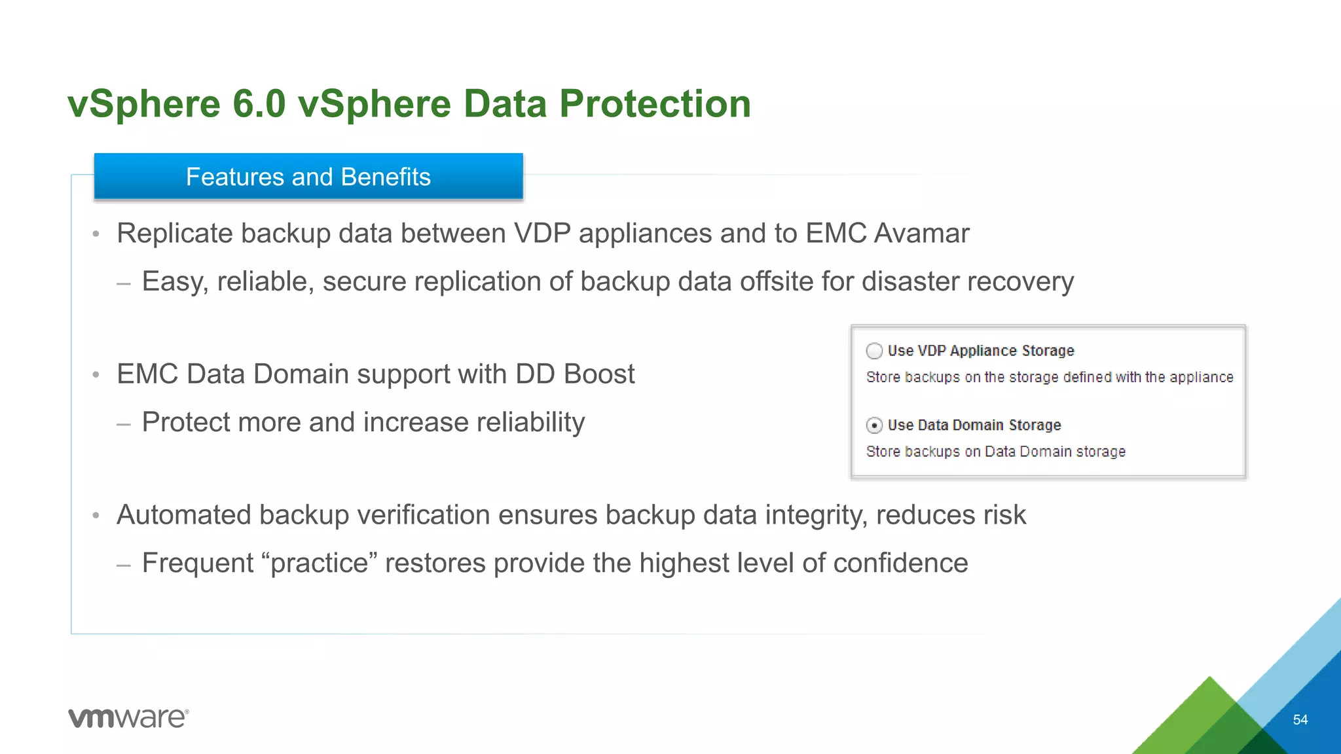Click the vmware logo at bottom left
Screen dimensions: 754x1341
click(x=128, y=718)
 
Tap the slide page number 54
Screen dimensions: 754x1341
click(x=1300, y=720)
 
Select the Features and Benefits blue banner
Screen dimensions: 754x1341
click(x=308, y=177)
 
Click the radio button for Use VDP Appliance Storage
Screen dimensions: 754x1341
click(x=874, y=351)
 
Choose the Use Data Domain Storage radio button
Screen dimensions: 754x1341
click(x=874, y=425)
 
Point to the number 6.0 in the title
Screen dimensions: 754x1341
click(x=259, y=104)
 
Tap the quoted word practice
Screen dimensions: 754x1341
click(x=320, y=564)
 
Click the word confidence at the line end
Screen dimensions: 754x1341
click(x=900, y=564)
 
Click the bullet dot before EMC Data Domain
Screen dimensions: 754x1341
click(x=96, y=375)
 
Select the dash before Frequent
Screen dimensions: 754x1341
click(x=124, y=564)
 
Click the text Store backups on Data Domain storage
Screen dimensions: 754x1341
click(x=995, y=452)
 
